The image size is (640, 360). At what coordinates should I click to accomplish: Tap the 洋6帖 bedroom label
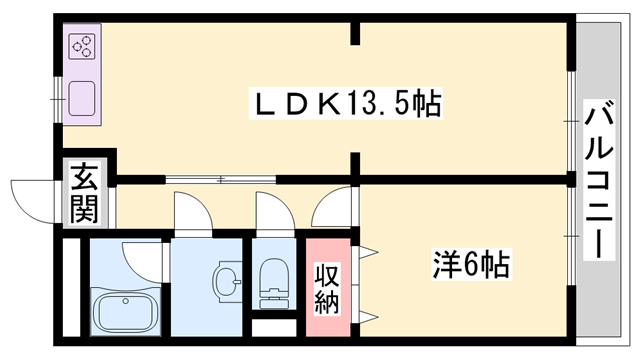473,265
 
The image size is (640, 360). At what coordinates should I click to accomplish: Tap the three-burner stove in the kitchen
82,46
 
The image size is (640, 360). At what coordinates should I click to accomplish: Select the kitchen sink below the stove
82,101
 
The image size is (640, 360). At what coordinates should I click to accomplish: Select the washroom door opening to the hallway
192,213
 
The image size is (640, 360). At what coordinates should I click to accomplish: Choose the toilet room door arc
271,213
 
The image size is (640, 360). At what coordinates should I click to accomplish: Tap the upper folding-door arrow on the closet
368,249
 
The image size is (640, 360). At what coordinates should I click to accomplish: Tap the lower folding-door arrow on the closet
368,317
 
